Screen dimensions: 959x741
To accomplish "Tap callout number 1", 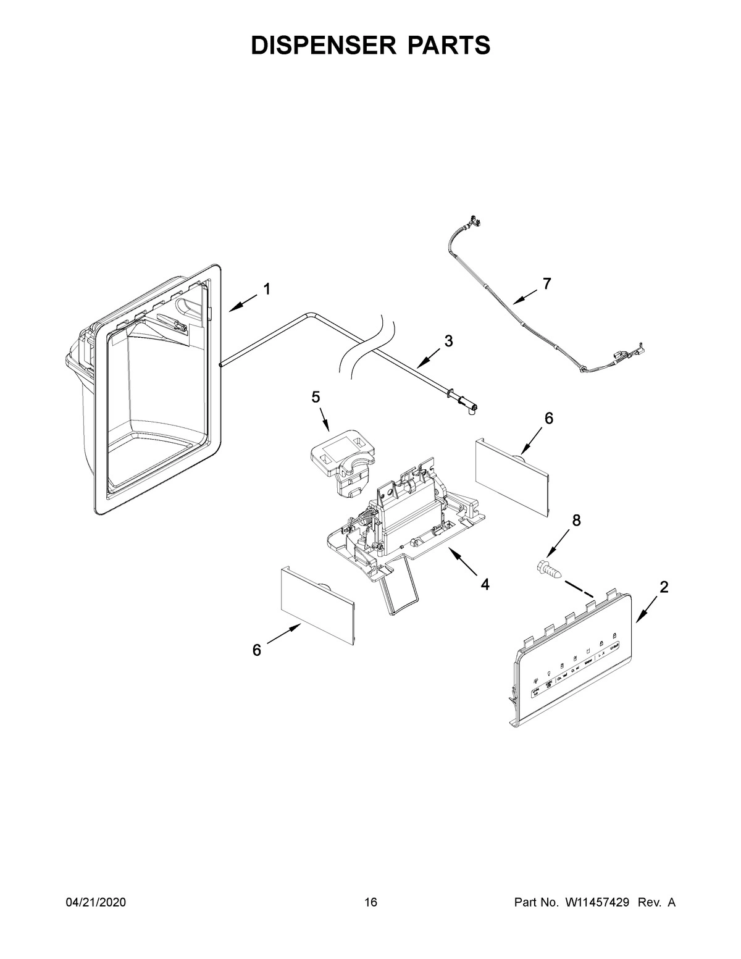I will point(267,289).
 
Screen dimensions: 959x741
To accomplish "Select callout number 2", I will point(663,587).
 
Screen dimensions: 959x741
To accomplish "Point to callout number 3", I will point(448,340).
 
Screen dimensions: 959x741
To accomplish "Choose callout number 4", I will point(485,584).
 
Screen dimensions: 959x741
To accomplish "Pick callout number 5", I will point(316,397).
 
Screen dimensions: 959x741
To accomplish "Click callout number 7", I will point(546,284).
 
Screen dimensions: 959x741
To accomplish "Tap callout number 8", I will point(576,521).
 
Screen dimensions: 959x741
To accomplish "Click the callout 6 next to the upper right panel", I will point(548,418).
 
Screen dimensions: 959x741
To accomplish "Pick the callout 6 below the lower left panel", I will point(257,650).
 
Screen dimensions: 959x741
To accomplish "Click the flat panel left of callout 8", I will point(511,474).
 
